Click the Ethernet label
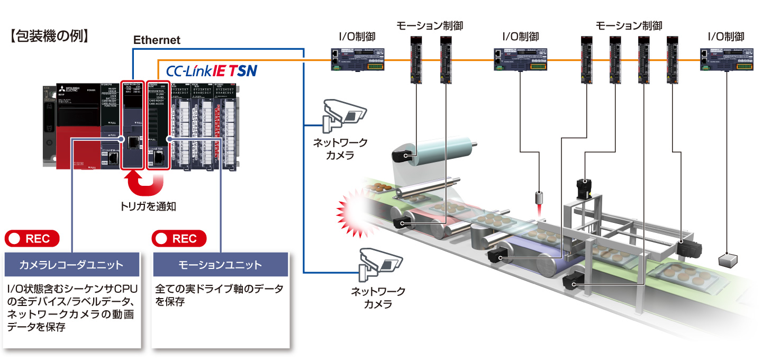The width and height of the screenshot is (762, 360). [157, 40]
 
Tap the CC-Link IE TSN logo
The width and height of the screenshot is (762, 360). [212, 70]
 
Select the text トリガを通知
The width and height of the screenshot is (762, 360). [148, 207]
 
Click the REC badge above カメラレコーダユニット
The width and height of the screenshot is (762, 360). [32, 238]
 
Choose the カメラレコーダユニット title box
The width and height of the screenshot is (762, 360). [71, 264]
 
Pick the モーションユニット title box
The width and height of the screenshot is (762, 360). [220, 264]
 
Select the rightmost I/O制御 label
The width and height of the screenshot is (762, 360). [726, 37]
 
